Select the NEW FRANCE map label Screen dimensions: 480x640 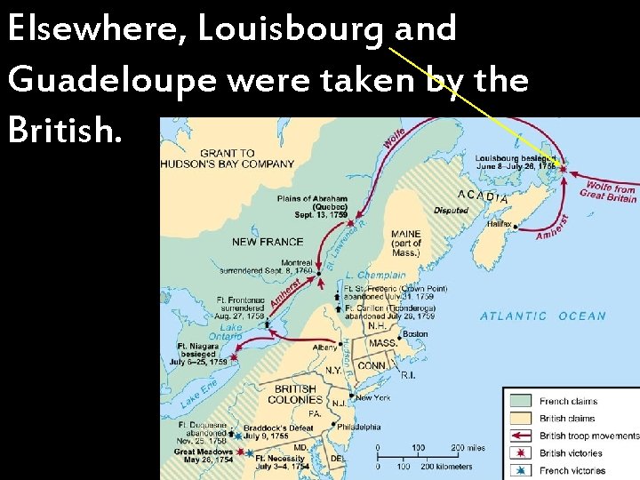click(x=268, y=242)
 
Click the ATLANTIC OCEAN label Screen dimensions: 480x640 click(x=543, y=316)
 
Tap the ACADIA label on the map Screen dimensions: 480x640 click(x=484, y=196)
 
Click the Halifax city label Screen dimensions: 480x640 click(x=499, y=224)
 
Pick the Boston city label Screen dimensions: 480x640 click(x=415, y=334)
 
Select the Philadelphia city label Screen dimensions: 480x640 click(x=359, y=427)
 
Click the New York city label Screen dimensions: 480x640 click(x=372, y=397)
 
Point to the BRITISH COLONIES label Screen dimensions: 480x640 click(x=294, y=395)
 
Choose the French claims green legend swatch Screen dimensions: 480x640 click(x=521, y=402)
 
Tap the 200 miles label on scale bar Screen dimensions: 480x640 click(x=468, y=447)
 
